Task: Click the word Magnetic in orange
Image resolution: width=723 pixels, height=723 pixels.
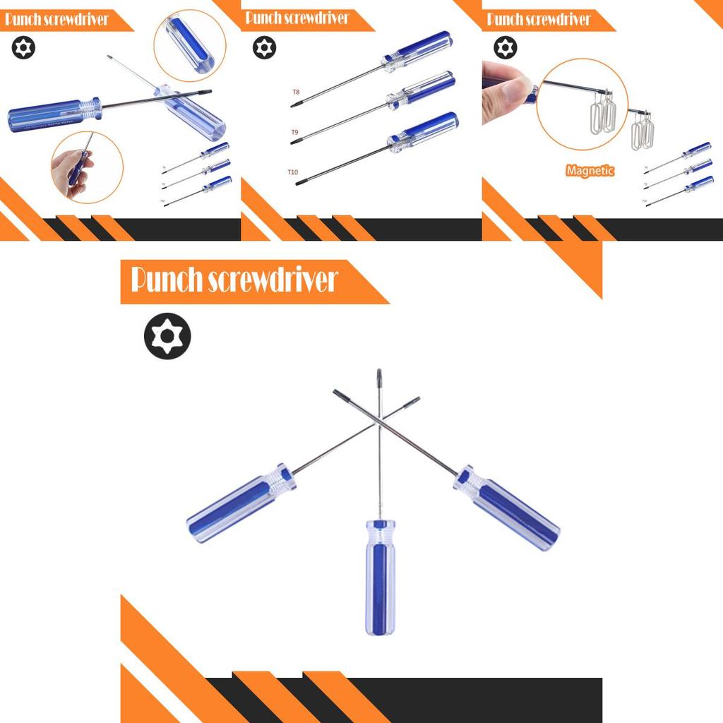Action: (x=590, y=170)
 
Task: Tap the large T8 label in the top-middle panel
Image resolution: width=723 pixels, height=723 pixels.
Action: (x=297, y=92)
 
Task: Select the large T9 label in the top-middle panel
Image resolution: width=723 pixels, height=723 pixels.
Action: (x=297, y=132)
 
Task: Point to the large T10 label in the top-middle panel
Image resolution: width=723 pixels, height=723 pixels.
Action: (x=293, y=172)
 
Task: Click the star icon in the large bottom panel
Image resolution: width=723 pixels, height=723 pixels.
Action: (x=167, y=336)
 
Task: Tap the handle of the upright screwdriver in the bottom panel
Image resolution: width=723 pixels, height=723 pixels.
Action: (x=380, y=576)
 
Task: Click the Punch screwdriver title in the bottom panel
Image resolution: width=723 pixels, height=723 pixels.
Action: (x=234, y=280)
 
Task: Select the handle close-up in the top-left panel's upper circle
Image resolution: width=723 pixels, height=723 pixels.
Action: (x=189, y=44)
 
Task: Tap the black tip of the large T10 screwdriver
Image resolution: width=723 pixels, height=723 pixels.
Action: (x=299, y=183)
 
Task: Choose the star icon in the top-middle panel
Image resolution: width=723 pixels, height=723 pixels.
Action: (x=265, y=48)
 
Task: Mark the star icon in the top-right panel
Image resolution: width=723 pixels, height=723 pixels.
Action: (x=505, y=48)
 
